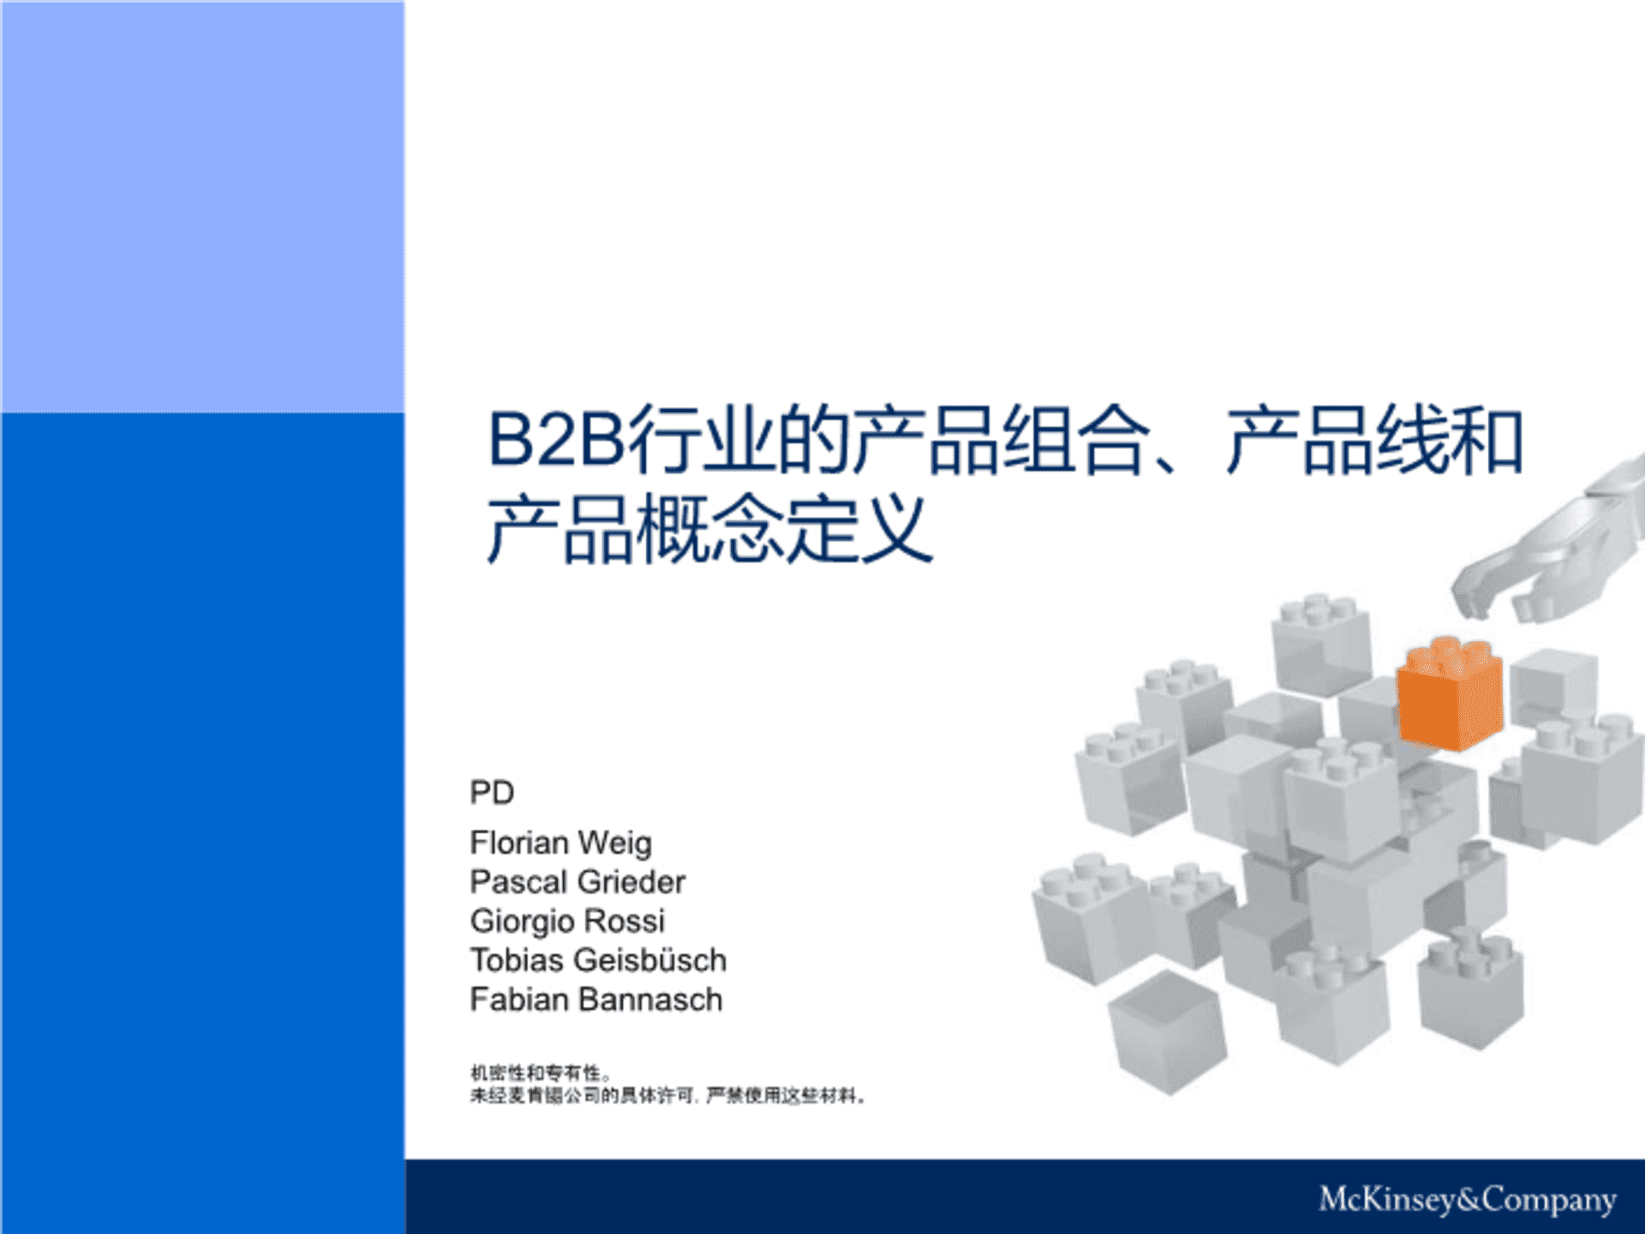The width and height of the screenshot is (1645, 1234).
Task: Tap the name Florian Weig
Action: (560, 843)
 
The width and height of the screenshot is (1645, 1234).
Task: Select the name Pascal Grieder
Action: (577, 882)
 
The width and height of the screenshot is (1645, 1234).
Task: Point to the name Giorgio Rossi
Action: (567, 921)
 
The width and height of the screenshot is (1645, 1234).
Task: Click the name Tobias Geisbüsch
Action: (598, 961)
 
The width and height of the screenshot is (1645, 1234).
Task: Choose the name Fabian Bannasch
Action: (596, 1000)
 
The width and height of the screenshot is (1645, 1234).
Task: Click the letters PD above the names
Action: (492, 793)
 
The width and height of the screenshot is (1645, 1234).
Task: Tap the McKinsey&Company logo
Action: (1467, 1199)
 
